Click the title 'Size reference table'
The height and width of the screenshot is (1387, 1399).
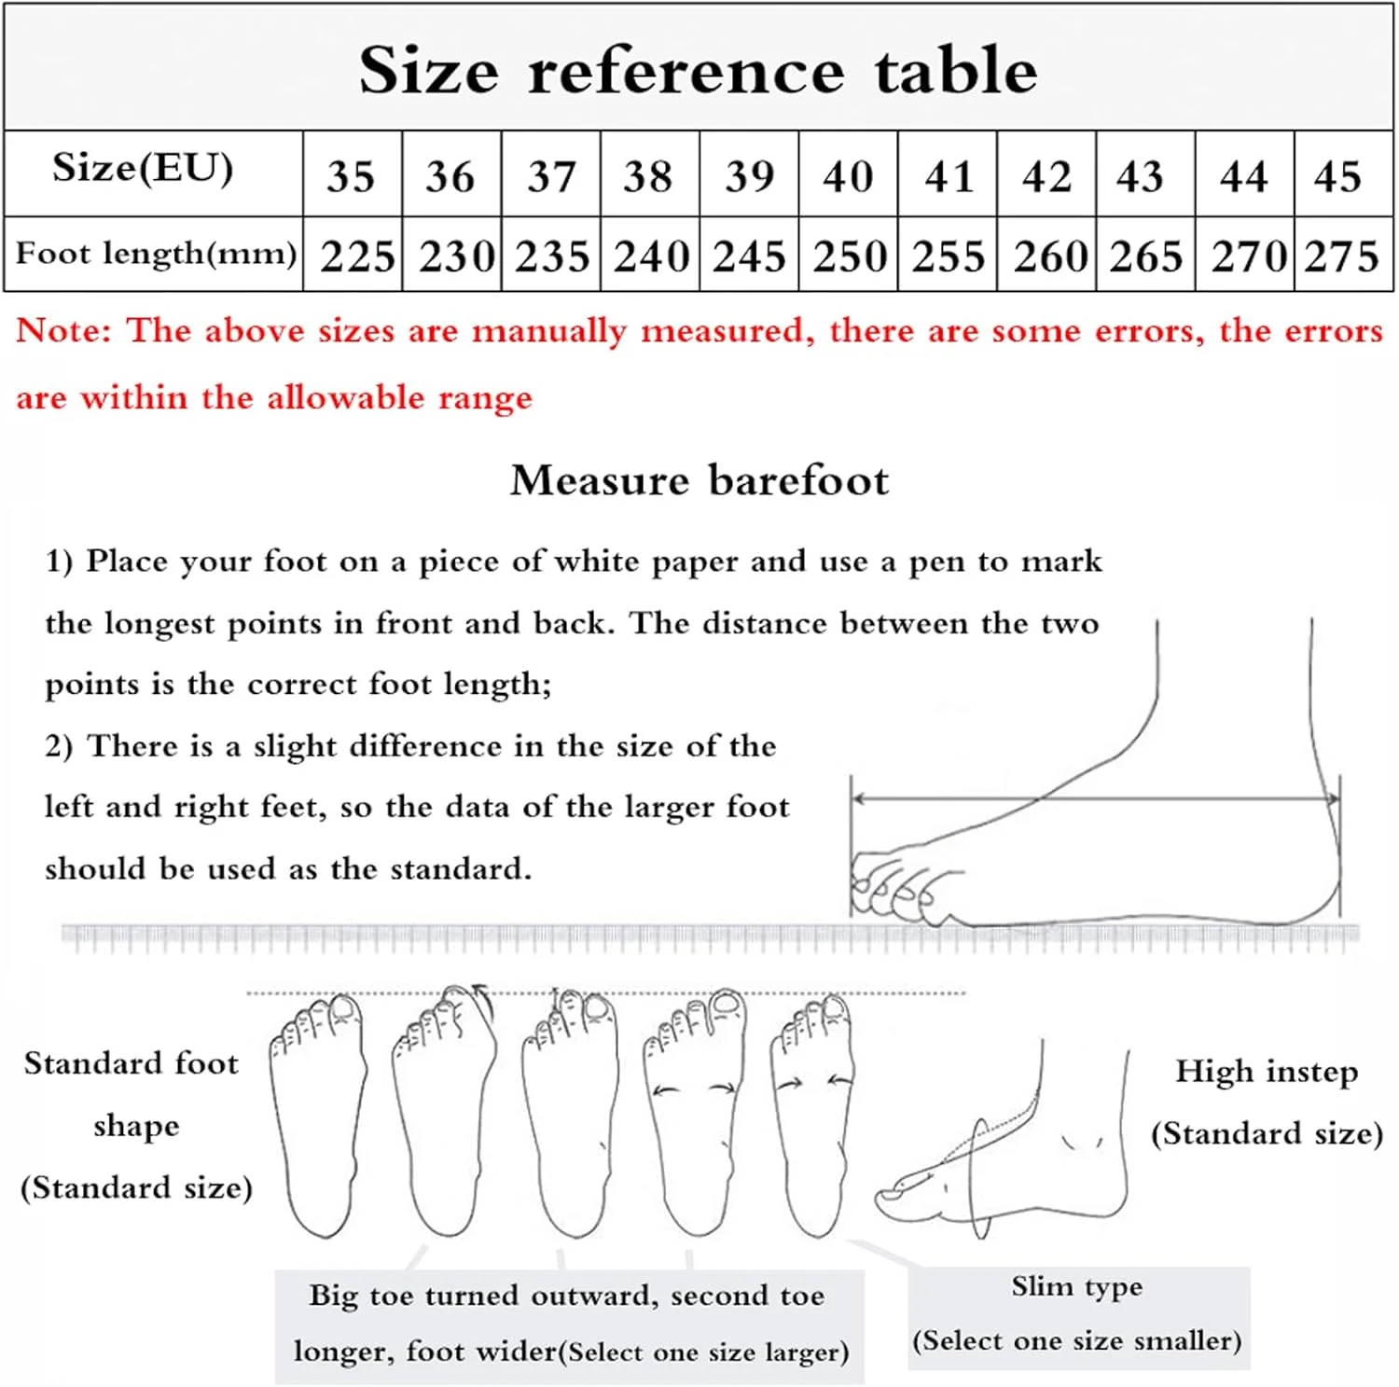click(698, 70)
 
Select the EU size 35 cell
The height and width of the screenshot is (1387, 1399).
click(352, 175)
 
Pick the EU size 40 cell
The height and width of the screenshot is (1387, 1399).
click(848, 175)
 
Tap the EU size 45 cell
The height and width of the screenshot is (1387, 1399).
click(1338, 175)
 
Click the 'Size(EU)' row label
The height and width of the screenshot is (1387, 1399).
click(143, 169)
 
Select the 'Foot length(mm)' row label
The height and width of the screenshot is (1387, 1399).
click(156, 253)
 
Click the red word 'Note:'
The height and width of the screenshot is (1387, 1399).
click(63, 330)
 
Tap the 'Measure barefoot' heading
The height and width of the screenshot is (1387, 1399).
click(699, 480)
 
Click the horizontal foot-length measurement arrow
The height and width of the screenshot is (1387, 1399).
click(1096, 798)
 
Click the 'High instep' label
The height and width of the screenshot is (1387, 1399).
click(1267, 1072)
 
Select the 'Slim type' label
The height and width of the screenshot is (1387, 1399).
click(1077, 1286)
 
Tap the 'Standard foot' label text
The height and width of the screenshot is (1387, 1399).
click(132, 1063)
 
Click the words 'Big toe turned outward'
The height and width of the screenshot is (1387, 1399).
click(485, 1296)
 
